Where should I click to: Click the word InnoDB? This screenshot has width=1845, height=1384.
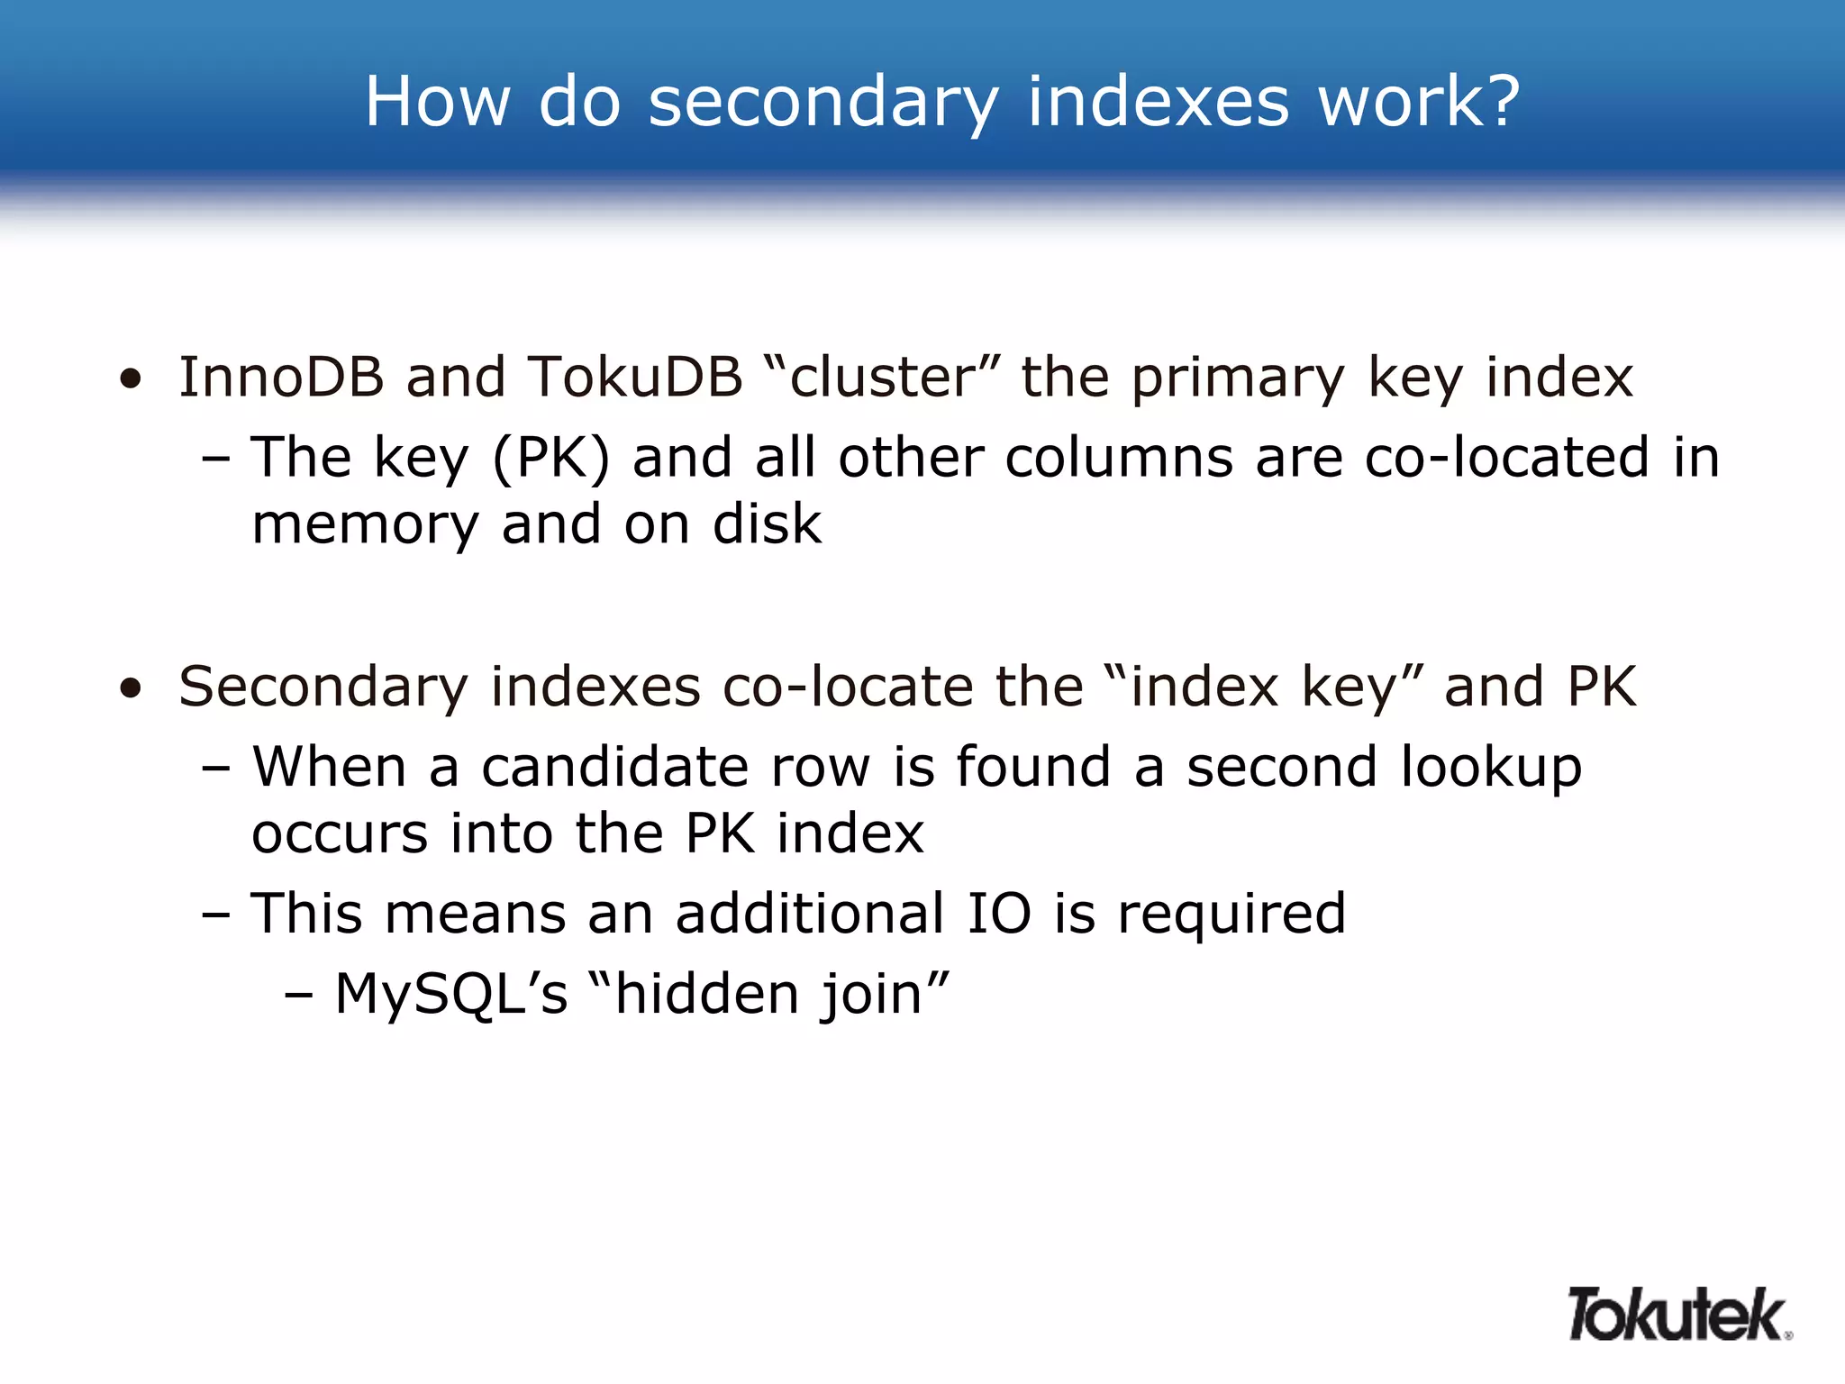coord(281,377)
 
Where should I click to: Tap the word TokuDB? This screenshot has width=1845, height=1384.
coord(635,377)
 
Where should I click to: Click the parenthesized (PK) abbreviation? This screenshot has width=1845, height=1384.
coord(551,459)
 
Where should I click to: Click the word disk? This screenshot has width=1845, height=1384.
coord(767,524)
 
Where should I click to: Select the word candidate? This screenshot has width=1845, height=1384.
coord(614,767)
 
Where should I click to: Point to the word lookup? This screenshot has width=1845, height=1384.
coord(1491,769)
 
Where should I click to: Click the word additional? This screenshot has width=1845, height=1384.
coord(810,913)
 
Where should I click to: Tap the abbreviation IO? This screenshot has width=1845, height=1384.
coord(999,913)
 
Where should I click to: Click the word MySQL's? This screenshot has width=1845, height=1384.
coord(451,995)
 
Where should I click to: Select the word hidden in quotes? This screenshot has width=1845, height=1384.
coord(705,994)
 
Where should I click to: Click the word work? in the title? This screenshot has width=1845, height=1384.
coord(1419,101)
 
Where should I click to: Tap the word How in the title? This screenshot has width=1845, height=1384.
coord(438,101)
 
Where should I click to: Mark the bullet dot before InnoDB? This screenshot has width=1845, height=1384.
coord(132,379)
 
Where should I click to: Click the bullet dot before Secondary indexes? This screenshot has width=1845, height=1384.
coord(132,689)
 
